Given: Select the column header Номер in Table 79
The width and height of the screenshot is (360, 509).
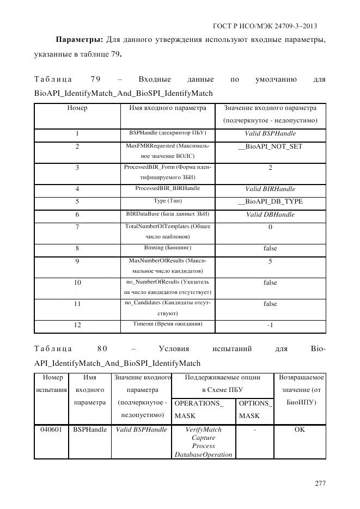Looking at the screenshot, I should [x=77, y=108].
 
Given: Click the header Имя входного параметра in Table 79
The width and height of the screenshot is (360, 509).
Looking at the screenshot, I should [x=168, y=108].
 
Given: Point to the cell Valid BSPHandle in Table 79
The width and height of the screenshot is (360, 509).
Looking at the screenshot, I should [x=270, y=133].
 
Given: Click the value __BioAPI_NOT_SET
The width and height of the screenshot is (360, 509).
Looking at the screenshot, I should [x=270, y=146].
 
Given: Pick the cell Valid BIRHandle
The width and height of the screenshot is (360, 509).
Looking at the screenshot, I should [x=270, y=189].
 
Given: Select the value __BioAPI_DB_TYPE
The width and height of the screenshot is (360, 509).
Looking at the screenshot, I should [x=270, y=201].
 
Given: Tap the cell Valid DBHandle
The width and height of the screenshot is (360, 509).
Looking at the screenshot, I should [x=270, y=214].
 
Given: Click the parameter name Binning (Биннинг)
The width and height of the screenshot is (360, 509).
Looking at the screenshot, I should [x=168, y=248].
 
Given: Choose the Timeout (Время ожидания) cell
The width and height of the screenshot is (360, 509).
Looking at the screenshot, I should [x=168, y=324].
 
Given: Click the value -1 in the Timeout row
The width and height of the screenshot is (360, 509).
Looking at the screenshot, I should [x=270, y=325].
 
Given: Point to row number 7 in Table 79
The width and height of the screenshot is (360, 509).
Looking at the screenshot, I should [x=77, y=227].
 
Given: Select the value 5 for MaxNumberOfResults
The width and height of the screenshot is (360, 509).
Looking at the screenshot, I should [x=270, y=261].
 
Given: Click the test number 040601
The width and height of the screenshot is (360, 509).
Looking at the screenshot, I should [x=51, y=430].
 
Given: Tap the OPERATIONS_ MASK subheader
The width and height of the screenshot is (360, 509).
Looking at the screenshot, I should [x=199, y=409].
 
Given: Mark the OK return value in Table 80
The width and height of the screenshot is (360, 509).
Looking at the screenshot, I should [x=300, y=430].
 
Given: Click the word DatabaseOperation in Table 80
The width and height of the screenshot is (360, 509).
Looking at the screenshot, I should [x=203, y=454].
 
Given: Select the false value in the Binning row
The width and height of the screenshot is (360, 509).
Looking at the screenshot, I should [x=270, y=248].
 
